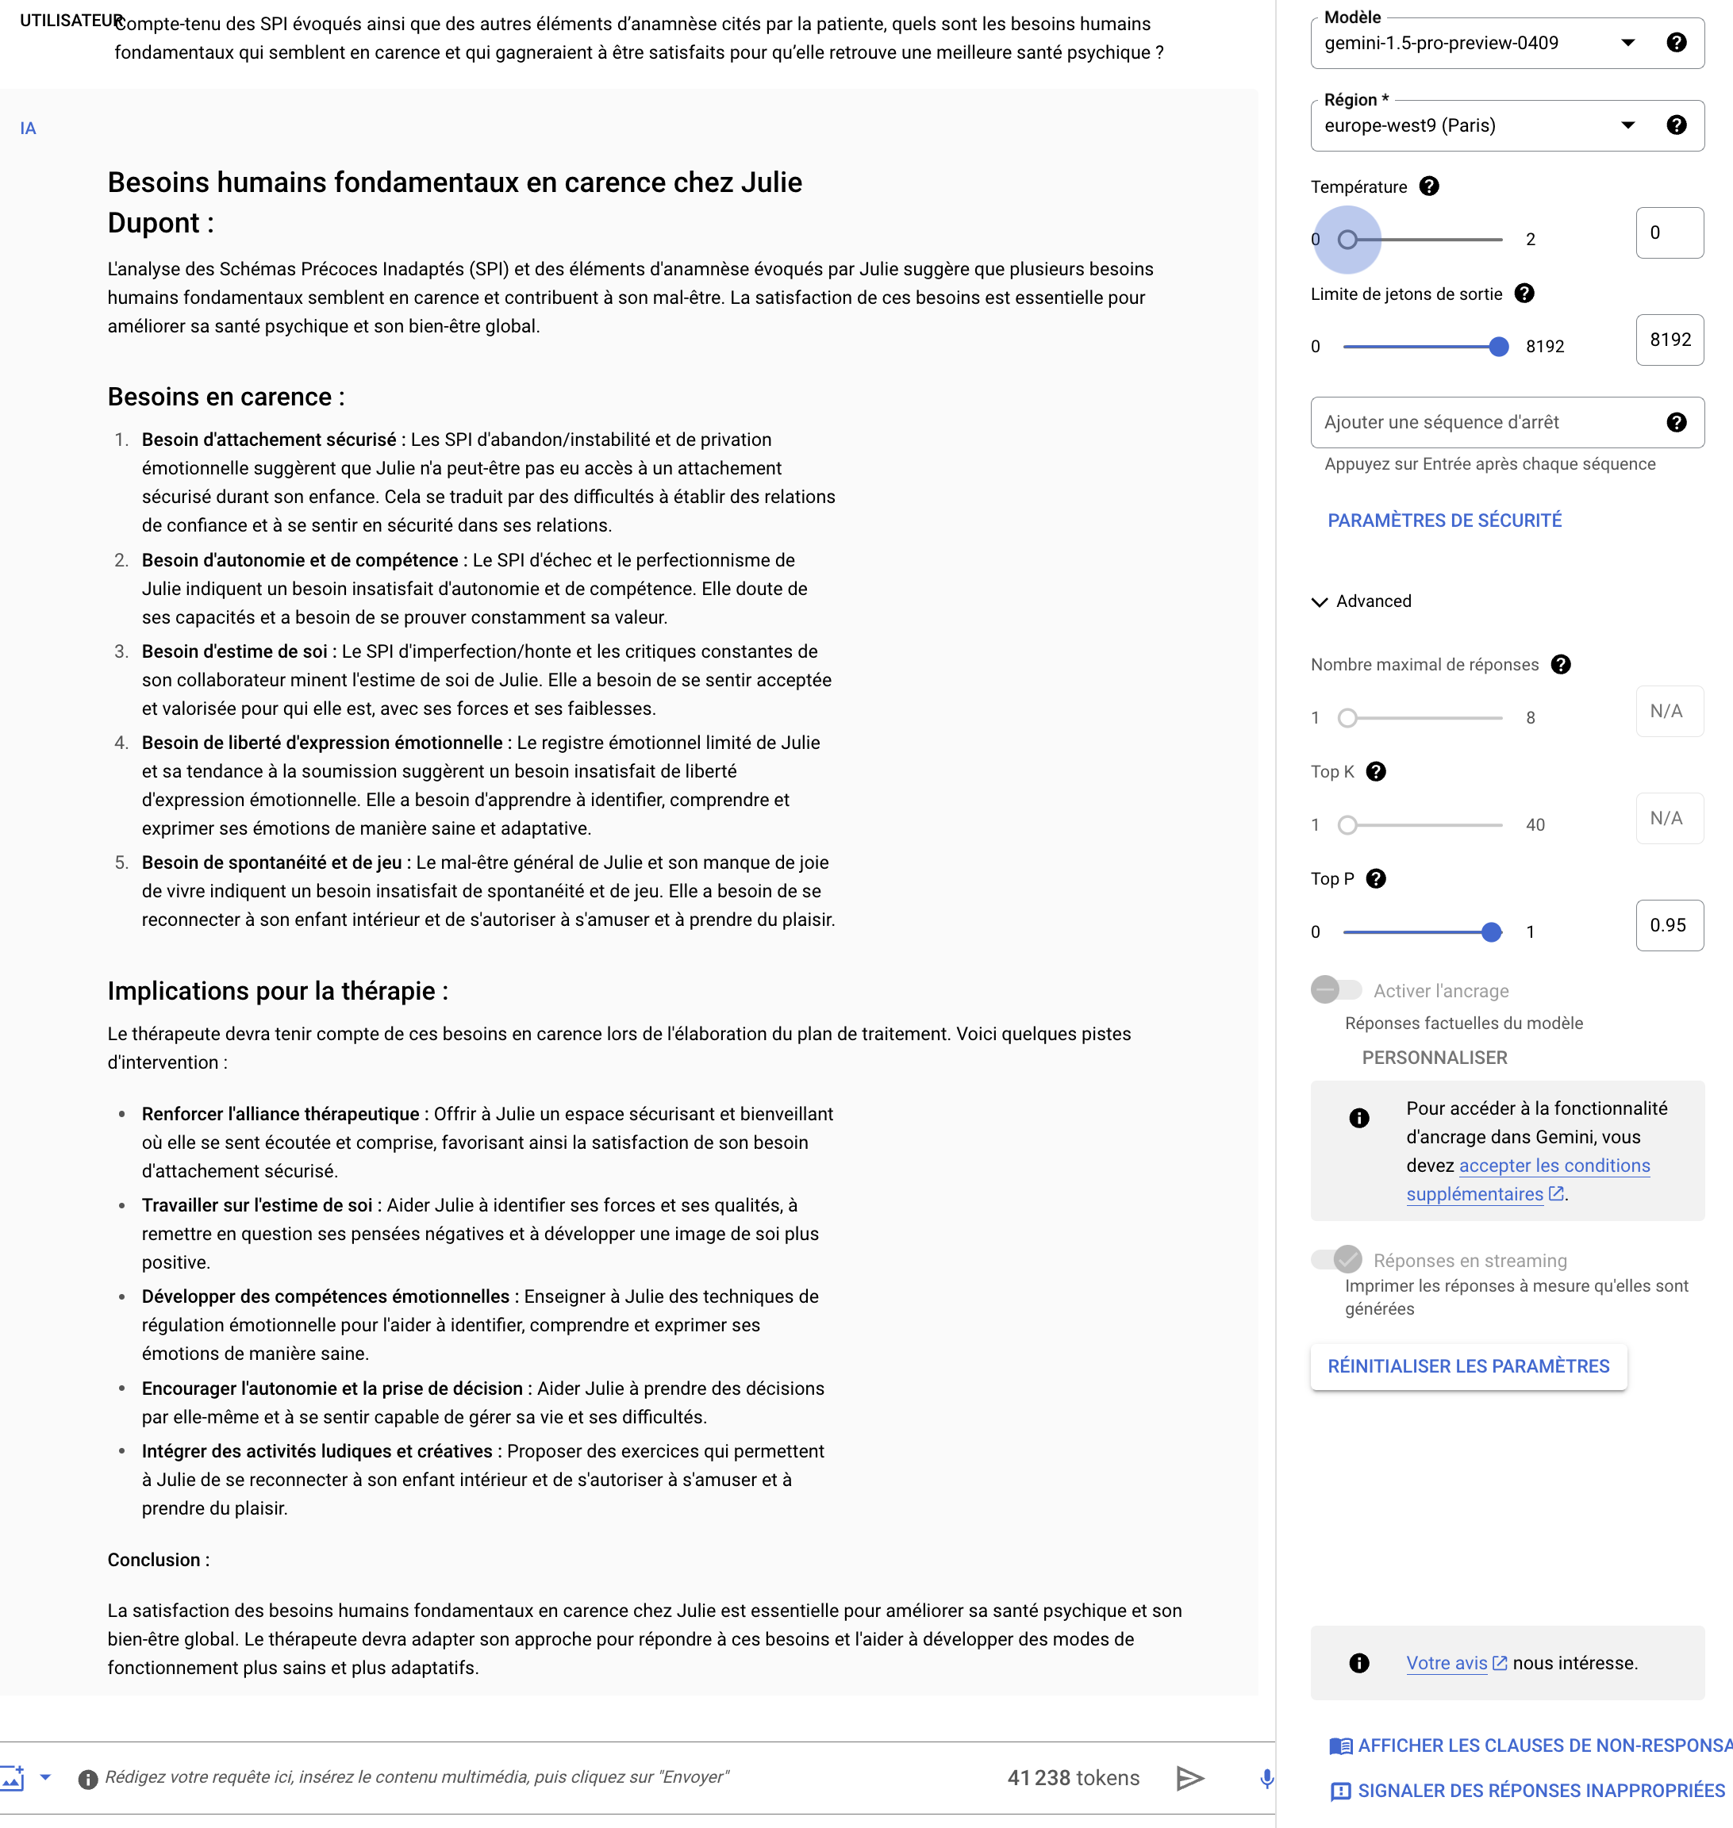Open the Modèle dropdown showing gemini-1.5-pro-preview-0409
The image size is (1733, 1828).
click(x=1478, y=44)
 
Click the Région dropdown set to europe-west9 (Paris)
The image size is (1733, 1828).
click(x=1478, y=125)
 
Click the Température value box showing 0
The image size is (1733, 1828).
click(x=1669, y=232)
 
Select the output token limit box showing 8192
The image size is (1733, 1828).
click(x=1669, y=340)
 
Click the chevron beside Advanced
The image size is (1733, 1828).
click(x=1319, y=602)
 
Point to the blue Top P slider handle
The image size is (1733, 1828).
click(x=1491, y=932)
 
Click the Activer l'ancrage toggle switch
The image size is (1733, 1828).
click(x=1335, y=990)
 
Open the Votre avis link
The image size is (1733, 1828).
click(x=1447, y=1664)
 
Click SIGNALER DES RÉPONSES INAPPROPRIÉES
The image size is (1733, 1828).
click(x=1540, y=1791)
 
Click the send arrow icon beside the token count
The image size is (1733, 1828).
click(x=1189, y=1778)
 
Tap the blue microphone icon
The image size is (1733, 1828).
click(x=1266, y=1778)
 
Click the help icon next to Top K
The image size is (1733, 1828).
click(x=1375, y=772)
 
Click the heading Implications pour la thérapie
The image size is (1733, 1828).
click(x=277, y=991)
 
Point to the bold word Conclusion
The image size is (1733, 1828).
click(x=154, y=1560)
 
